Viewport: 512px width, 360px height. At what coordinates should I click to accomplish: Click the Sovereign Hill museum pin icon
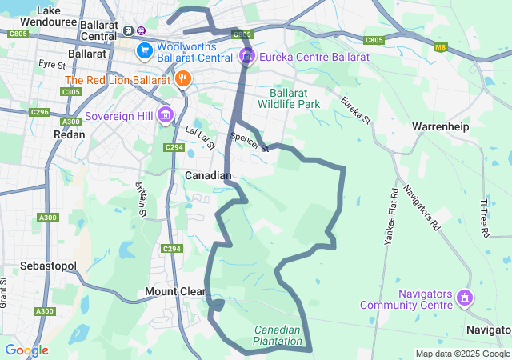point(166,115)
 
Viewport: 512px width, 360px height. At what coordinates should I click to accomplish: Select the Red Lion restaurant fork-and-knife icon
point(183,79)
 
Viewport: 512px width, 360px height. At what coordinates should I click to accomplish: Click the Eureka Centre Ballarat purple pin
point(247,57)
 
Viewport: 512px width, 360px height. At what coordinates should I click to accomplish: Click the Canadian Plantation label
point(278,335)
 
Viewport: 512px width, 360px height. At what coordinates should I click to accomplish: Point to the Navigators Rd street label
point(422,207)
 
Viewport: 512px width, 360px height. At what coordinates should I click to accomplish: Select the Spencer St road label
point(250,142)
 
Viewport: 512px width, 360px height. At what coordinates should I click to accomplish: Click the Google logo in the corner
point(26,350)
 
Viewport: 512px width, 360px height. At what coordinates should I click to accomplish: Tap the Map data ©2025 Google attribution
point(462,354)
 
